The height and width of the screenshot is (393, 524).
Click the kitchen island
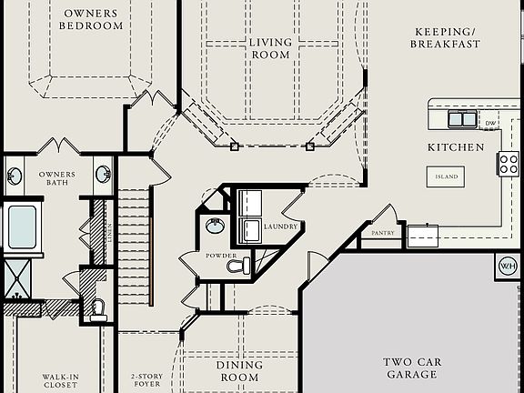[x=446, y=176]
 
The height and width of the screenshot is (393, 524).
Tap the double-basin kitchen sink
[x=462, y=118]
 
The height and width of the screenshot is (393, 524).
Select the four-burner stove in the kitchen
[x=507, y=164]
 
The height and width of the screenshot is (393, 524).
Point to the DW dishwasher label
[x=490, y=124]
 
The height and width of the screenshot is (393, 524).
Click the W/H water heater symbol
[x=507, y=266]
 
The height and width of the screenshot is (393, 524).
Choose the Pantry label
[x=381, y=233]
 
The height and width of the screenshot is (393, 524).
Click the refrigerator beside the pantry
[x=423, y=237]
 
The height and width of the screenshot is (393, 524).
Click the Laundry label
[x=280, y=226]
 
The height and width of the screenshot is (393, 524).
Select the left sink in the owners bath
[x=15, y=174]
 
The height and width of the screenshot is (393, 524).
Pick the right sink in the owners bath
[x=102, y=173]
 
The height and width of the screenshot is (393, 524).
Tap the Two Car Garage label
[x=412, y=368]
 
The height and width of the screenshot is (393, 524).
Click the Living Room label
[x=270, y=48]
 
